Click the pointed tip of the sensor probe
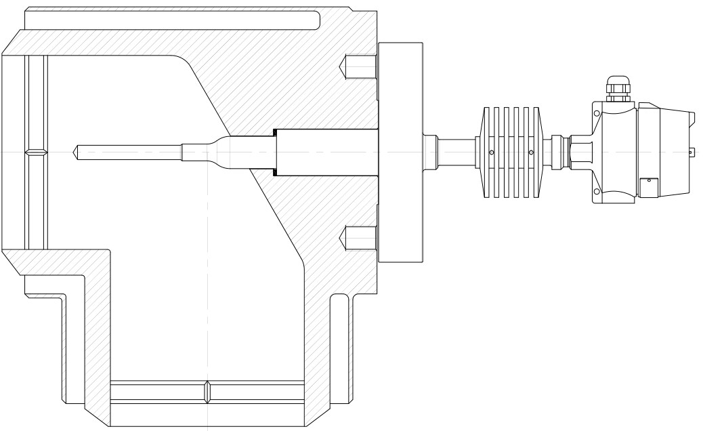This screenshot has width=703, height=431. pos(74,151)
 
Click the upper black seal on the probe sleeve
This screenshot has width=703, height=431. pos(274,129)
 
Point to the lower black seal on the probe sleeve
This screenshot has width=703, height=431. pos(274,173)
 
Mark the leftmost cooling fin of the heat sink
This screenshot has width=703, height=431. pos(486,151)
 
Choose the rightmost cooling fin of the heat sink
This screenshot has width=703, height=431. pos(538,151)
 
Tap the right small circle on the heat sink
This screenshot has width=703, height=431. pos(531,152)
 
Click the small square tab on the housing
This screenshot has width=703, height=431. pos(649,181)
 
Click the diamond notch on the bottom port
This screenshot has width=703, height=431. pos(207,391)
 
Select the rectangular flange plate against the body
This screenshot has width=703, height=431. pos(399,151)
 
